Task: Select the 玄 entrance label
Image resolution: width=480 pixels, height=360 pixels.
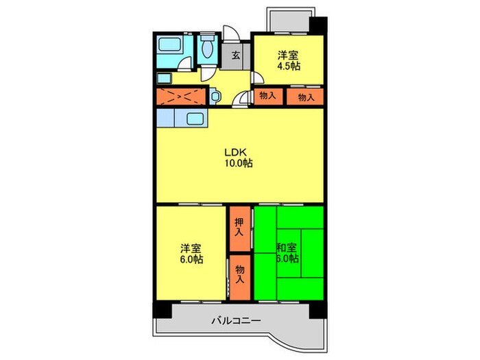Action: coord(235,56)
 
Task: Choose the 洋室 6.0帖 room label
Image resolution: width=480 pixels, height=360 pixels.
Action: coord(191,253)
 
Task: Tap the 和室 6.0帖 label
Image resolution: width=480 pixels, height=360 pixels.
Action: coord(287,253)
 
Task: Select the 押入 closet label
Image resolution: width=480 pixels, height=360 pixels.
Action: coord(239,227)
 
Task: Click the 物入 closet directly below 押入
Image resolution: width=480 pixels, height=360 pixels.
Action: coord(239,274)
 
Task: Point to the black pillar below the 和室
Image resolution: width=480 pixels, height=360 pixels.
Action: coord(316,307)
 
